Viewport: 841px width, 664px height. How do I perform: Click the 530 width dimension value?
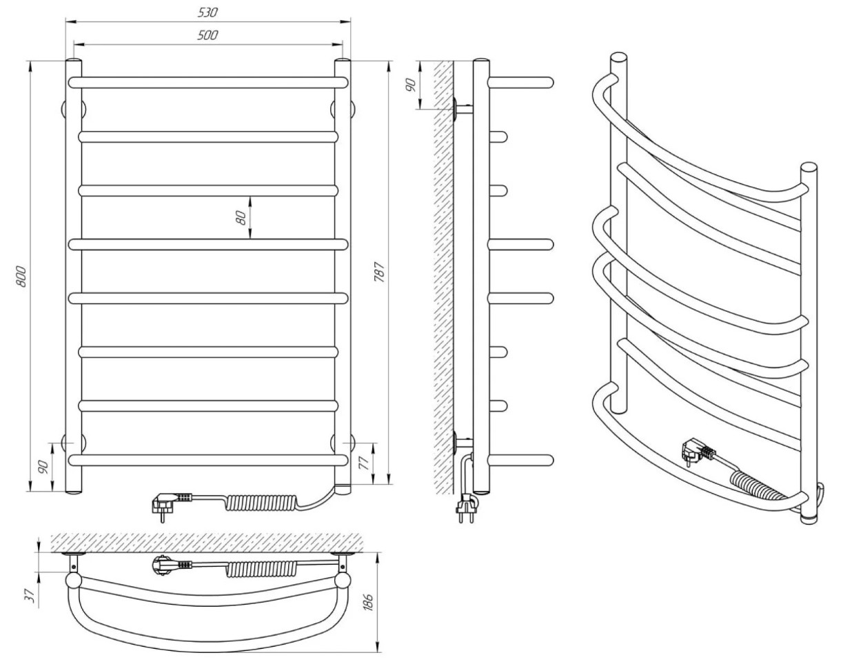(207, 12)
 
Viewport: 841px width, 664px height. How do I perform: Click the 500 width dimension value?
(207, 35)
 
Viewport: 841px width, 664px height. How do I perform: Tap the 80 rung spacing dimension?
(242, 217)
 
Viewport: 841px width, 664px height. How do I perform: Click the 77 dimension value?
(363, 463)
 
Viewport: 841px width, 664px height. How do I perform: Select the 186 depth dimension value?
(368, 602)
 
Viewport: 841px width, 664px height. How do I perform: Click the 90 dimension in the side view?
(410, 85)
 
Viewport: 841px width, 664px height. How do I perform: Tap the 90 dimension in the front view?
(43, 467)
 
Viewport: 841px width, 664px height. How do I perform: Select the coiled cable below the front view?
(261, 503)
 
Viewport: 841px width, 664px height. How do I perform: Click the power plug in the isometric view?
(698, 453)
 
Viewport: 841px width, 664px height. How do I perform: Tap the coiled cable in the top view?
(261, 569)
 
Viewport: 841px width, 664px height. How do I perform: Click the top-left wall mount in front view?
(74, 110)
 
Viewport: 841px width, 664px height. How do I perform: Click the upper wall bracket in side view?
(463, 109)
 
